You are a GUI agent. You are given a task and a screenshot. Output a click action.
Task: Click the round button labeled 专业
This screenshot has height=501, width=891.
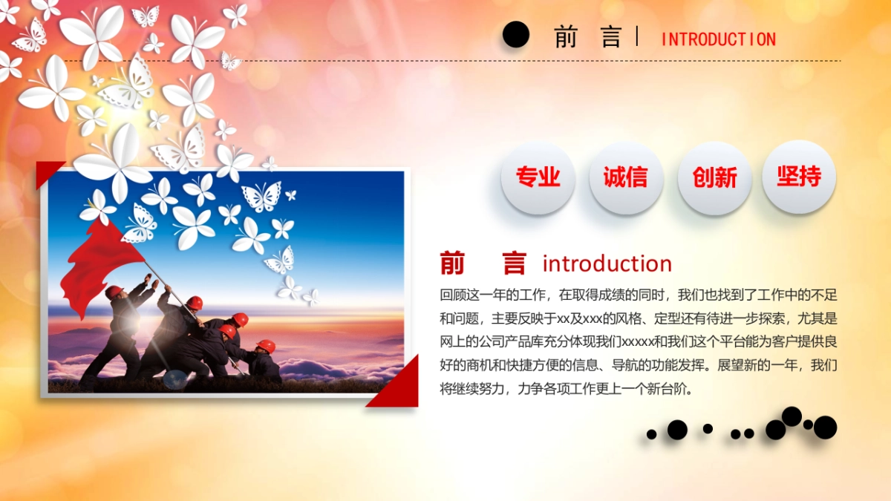point(538,177)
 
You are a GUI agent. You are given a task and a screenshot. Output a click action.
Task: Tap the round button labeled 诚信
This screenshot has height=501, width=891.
point(626,177)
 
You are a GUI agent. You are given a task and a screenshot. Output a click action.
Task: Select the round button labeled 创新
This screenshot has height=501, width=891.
point(714,177)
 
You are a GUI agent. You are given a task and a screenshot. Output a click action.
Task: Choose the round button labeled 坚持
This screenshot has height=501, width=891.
point(799,177)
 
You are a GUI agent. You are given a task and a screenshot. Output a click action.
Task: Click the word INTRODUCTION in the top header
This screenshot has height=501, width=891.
point(718,39)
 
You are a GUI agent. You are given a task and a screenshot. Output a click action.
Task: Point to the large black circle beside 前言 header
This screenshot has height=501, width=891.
point(516,34)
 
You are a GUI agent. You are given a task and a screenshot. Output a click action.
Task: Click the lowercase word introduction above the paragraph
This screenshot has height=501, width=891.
point(607,263)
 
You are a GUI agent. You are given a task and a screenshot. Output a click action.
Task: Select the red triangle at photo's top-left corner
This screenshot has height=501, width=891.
point(48,172)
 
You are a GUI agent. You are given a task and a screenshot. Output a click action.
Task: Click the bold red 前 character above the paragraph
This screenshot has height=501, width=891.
point(452,263)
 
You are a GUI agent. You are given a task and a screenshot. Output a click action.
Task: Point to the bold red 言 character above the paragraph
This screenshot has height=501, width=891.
point(514,263)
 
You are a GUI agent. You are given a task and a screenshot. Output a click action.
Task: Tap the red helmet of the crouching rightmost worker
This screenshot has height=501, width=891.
point(265,346)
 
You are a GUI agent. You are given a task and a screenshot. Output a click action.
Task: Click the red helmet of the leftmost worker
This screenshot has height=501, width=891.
point(114,292)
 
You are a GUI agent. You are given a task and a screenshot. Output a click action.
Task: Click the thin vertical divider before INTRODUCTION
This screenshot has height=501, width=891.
point(637,36)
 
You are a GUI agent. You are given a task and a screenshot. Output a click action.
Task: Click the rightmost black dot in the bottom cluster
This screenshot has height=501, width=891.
point(825,427)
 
